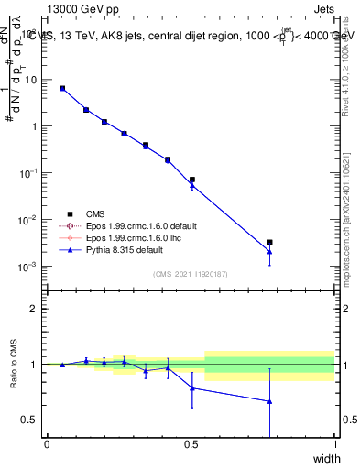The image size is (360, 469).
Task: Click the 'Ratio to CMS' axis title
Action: [x=14, y=365]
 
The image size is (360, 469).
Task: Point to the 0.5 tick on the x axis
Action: [x=191, y=444]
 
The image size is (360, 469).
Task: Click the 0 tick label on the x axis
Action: [x=47, y=444]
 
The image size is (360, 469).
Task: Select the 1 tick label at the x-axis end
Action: [x=334, y=444]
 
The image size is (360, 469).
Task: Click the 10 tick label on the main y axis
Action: [x=29, y=80]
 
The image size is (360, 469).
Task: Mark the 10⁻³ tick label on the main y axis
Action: [x=27, y=267]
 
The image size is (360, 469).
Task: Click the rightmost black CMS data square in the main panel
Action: [x=269, y=243]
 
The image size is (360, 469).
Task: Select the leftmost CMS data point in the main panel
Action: [x=62, y=88]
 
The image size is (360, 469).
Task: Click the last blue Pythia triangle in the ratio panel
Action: [x=269, y=401]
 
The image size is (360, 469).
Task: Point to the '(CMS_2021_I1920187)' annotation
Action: [x=190, y=274]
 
